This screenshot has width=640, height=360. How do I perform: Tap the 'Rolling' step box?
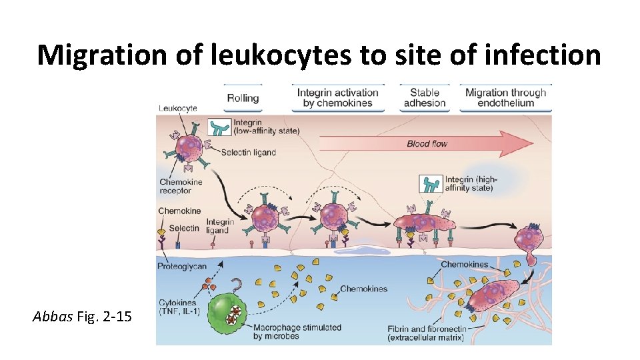point(243,98)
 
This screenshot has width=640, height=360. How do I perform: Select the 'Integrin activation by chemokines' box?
point(337,98)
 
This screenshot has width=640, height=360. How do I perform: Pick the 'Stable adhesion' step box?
point(423,98)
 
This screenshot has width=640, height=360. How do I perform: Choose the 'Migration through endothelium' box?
point(505,98)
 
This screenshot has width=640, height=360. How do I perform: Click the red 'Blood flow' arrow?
point(427,143)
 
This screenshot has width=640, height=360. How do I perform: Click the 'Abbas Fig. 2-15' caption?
point(82,316)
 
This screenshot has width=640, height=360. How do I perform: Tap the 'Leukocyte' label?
point(177,108)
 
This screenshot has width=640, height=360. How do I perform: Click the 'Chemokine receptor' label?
point(180,186)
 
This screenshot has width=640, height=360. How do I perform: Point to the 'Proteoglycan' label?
point(182,267)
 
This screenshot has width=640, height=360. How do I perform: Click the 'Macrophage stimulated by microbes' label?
point(297,331)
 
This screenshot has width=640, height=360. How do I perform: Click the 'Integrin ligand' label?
point(219,226)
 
